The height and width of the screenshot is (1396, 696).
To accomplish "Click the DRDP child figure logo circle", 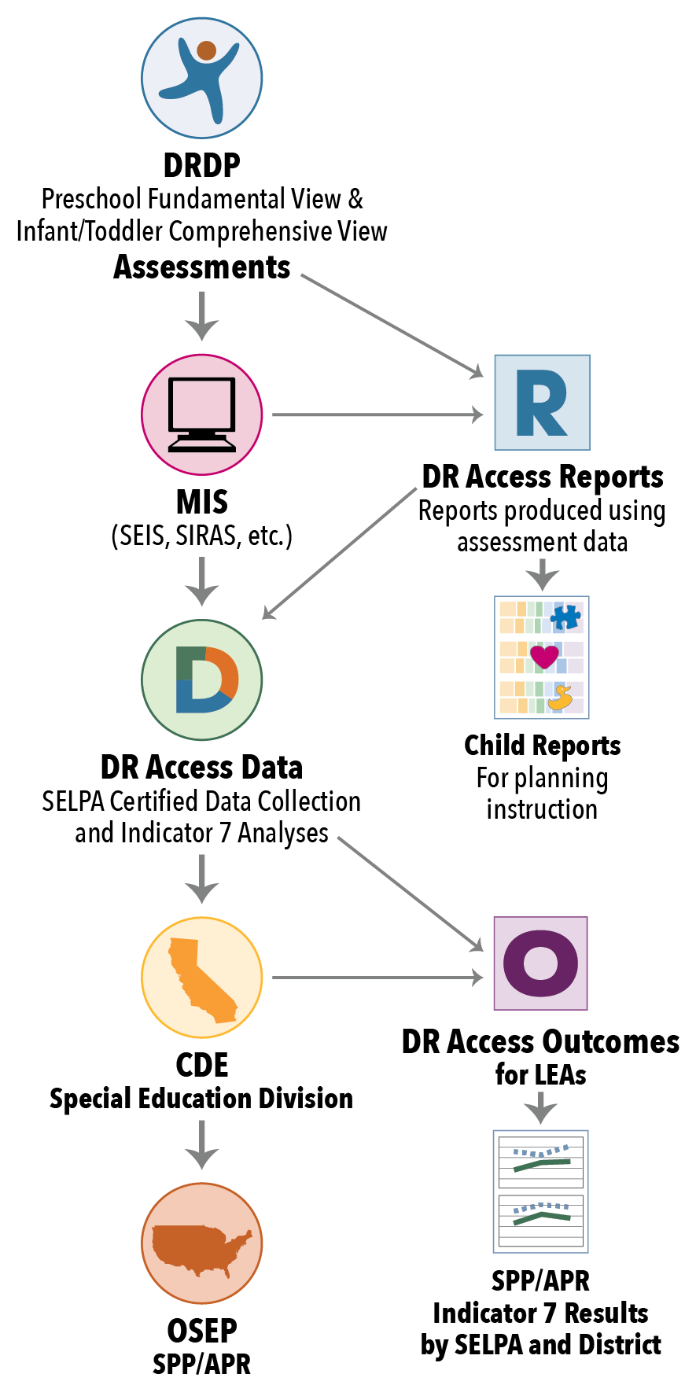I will [x=201, y=78].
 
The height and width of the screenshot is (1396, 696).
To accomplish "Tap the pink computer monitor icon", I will [x=201, y=414].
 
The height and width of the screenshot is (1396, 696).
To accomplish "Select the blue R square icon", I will [x=542, y=403].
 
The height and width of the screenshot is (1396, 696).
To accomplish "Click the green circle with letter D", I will [x=201, y=680].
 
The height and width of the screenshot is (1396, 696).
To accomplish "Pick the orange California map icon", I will [x=201, y=978].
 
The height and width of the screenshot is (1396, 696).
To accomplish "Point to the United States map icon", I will [x=201, y=1243].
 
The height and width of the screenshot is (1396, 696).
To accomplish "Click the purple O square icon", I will [x=540, y=963].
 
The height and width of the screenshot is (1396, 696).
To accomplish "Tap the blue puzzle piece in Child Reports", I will [x=565, y=616].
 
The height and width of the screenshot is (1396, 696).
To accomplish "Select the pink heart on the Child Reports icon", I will [x=543, y=656].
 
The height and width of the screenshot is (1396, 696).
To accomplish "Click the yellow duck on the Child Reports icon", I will [x=561, y=698].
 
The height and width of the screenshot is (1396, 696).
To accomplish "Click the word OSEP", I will [x=201, y=1331].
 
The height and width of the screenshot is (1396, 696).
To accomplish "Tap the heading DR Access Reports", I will [x=543, y=477].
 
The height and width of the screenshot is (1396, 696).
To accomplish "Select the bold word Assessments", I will [x=202, y=267].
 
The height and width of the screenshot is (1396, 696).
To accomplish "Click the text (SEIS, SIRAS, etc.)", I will [x=201, y=536].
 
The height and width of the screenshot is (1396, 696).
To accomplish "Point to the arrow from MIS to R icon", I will [x=377, y=414].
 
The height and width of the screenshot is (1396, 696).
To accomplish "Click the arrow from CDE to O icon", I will [x=377, y=978].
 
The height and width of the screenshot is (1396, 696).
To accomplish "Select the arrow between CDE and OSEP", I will [x=202, y=1144].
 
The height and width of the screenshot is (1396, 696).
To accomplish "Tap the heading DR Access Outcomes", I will [x=540, y=1041].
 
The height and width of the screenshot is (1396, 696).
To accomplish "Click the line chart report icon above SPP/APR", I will [x=540, y=1192].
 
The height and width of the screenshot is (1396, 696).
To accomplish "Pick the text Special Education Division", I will [x=201, y=1099].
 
